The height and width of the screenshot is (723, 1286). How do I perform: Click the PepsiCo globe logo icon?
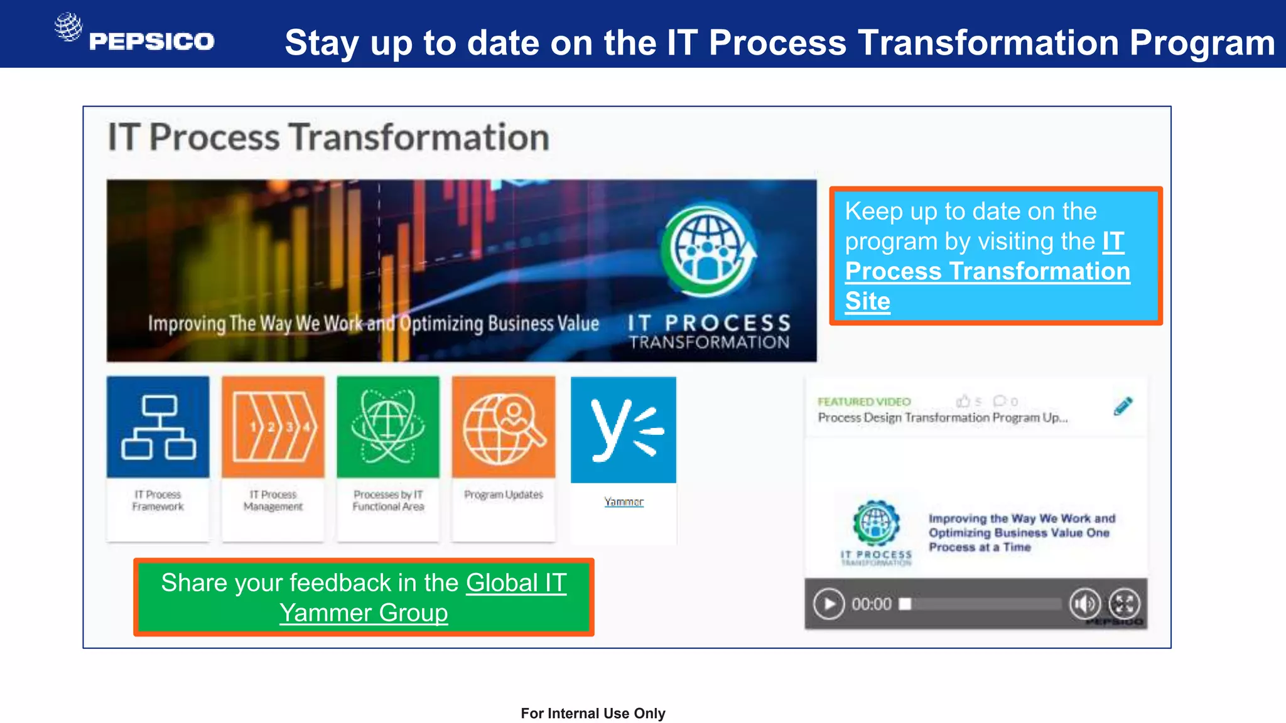pyautogui.click(x=68, y=27)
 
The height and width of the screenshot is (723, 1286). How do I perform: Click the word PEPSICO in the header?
pyautogui.click(x=151, y=41)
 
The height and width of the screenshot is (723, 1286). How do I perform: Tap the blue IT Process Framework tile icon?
pyautogui.click(x=158, y=427)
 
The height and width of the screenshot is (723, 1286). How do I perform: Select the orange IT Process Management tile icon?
pyautogui.click(x=273, y=427)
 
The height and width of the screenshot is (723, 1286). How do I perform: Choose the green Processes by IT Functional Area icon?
pyautogui.click(x=388, y=427)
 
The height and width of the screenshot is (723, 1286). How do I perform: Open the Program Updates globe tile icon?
pyautogui.click(x=504, y=427)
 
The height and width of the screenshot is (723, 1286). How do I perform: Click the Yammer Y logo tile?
pyautogui.click(x=624, y=430)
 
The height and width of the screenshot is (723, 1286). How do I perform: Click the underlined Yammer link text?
pyautogui.click(x=624, y=502)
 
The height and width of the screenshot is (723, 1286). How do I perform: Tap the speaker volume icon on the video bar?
pyautogui.click(x=1084, y=604)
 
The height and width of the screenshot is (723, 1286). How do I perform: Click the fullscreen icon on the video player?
pyautogui.click(x=1124, y=604)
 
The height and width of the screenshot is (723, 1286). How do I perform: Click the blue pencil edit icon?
pyautogui.click(x=1123, y=406)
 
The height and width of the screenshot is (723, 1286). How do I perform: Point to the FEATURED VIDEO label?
pyautogui.click(x=863, y=402)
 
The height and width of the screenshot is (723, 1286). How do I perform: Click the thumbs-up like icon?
pyautogui.click(x=963, y=401)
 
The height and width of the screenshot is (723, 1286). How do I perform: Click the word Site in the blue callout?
pyautogui.click(x=867, y=301)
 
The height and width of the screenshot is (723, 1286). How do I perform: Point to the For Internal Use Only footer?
pyautogui.click(x=593, y=713)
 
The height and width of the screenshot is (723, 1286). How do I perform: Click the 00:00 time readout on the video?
pyautogui.click(x=872, y=604)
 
